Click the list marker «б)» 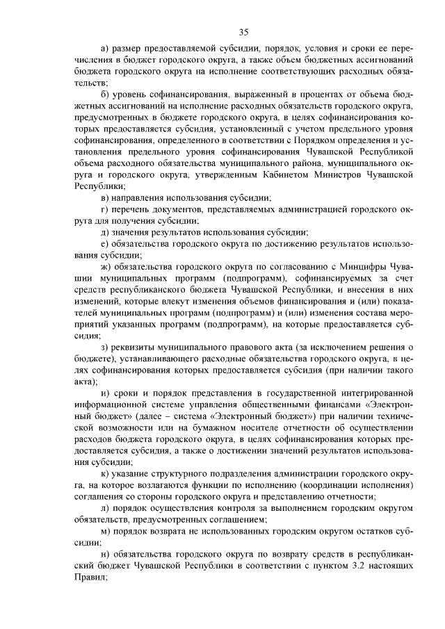106,94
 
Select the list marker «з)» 106,346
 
